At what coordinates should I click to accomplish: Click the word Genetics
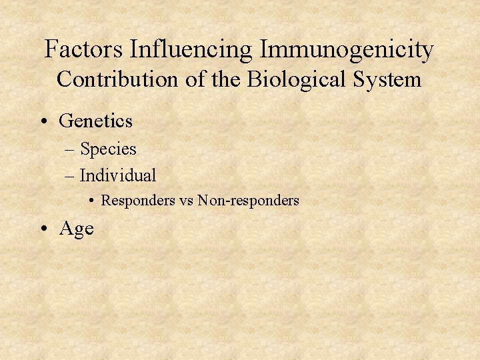tap(96, 121)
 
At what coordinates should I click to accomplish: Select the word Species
tap(108, 149)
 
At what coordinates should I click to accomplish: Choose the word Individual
tap(118, 175)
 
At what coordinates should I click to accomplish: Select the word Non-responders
tap(249, 200)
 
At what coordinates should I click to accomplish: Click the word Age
tap(77, 229)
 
